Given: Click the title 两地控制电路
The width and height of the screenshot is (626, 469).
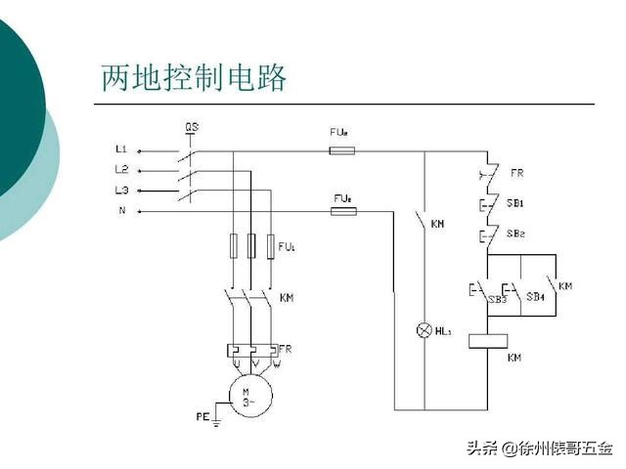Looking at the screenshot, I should [194, 78].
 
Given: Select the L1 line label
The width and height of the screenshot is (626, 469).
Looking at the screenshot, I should [120, 149].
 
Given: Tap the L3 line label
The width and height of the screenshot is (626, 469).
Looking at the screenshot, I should [120, 189].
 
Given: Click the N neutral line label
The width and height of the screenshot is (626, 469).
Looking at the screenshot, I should [121, 209].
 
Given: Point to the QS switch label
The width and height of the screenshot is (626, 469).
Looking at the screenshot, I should [192, 128].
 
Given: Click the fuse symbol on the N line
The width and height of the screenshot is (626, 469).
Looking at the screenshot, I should [342, 210].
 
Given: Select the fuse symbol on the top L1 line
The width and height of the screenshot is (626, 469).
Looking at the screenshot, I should [342, 151].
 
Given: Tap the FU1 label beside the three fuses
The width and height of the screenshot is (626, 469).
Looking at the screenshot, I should [287, 245].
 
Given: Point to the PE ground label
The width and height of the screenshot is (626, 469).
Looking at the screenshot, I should [202, 416].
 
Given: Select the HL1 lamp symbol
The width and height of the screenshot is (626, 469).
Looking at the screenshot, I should [425, 331].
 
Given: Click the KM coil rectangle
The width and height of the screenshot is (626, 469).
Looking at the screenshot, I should [487, 341].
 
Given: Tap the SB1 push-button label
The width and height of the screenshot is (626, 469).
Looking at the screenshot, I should [515, 203].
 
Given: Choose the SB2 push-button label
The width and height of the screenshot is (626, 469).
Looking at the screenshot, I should [515, 234].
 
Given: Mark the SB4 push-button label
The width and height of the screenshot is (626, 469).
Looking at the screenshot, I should [535, 295].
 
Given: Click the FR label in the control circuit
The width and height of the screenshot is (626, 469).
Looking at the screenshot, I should [517, 173].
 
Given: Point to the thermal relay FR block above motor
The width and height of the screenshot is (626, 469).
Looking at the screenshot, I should [251, 349].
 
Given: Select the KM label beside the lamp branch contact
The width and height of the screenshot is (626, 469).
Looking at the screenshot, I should [437, 225].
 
